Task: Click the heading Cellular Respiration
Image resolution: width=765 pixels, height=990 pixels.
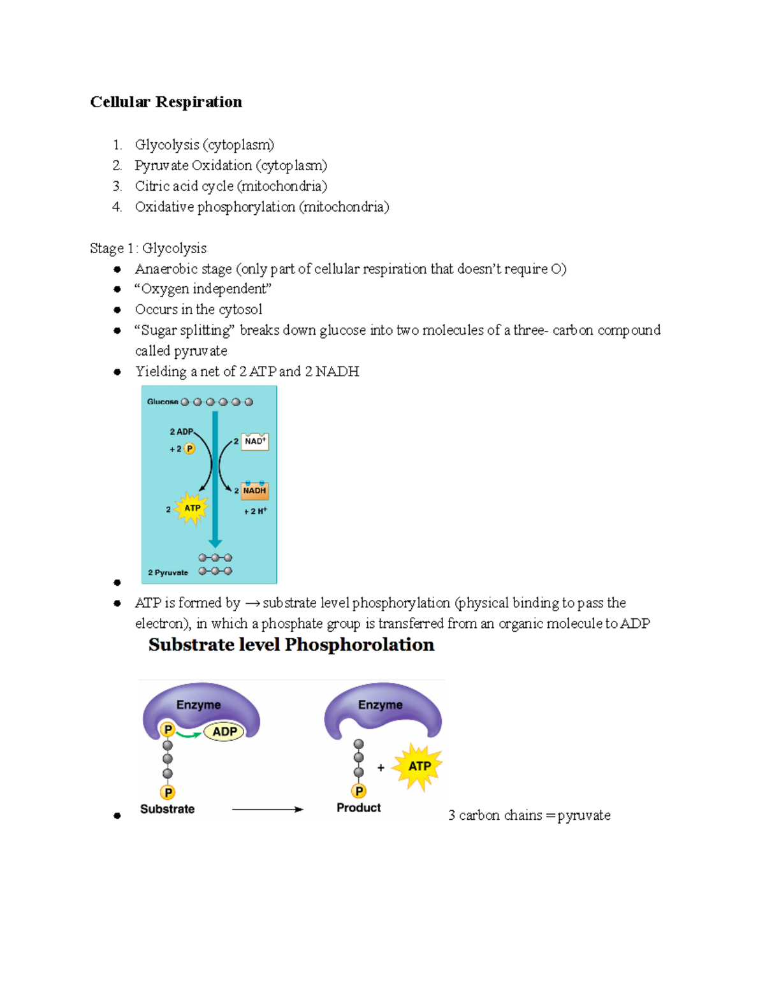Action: tap(166, 102)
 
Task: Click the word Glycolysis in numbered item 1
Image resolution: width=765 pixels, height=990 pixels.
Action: tap(167, 145)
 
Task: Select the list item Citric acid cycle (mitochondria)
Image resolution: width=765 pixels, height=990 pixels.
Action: tap(231, 186)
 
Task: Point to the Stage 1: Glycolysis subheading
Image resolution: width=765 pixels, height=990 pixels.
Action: tap(148, 249)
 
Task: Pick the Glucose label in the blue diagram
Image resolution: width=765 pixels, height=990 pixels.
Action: tap(162, 402)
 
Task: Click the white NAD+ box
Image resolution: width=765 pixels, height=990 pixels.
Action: tap(255, 442)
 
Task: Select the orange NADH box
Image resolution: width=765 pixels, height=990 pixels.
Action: tap(254, 491)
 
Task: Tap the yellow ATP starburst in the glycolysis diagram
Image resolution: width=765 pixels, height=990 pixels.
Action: tap(192, 509)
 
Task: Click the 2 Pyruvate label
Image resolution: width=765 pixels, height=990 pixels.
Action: tap(168, 572)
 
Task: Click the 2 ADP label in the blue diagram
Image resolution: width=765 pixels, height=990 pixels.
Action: tap(181, 432)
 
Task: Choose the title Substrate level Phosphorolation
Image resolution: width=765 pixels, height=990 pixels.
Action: tap(291, 645)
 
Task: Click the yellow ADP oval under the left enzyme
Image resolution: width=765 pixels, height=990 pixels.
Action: tap(224, 732)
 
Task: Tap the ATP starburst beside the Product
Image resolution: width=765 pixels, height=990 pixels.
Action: tap(418, 766)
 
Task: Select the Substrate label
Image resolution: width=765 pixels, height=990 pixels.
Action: tap(167, 809)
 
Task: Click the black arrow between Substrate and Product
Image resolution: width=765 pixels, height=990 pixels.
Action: tap(268, 810)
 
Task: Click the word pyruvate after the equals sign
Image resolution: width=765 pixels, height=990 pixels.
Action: tap(584, 815)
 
